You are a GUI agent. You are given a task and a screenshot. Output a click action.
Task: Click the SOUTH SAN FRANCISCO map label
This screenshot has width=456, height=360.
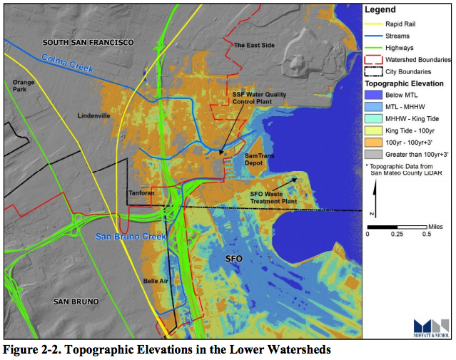pos(88,43)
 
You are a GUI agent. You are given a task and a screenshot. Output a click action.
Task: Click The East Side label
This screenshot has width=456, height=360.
pos(254,46)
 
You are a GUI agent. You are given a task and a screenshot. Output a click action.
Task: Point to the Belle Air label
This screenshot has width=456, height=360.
pos(155,281)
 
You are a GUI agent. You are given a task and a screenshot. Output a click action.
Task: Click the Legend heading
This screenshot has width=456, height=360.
pos(382,10)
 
